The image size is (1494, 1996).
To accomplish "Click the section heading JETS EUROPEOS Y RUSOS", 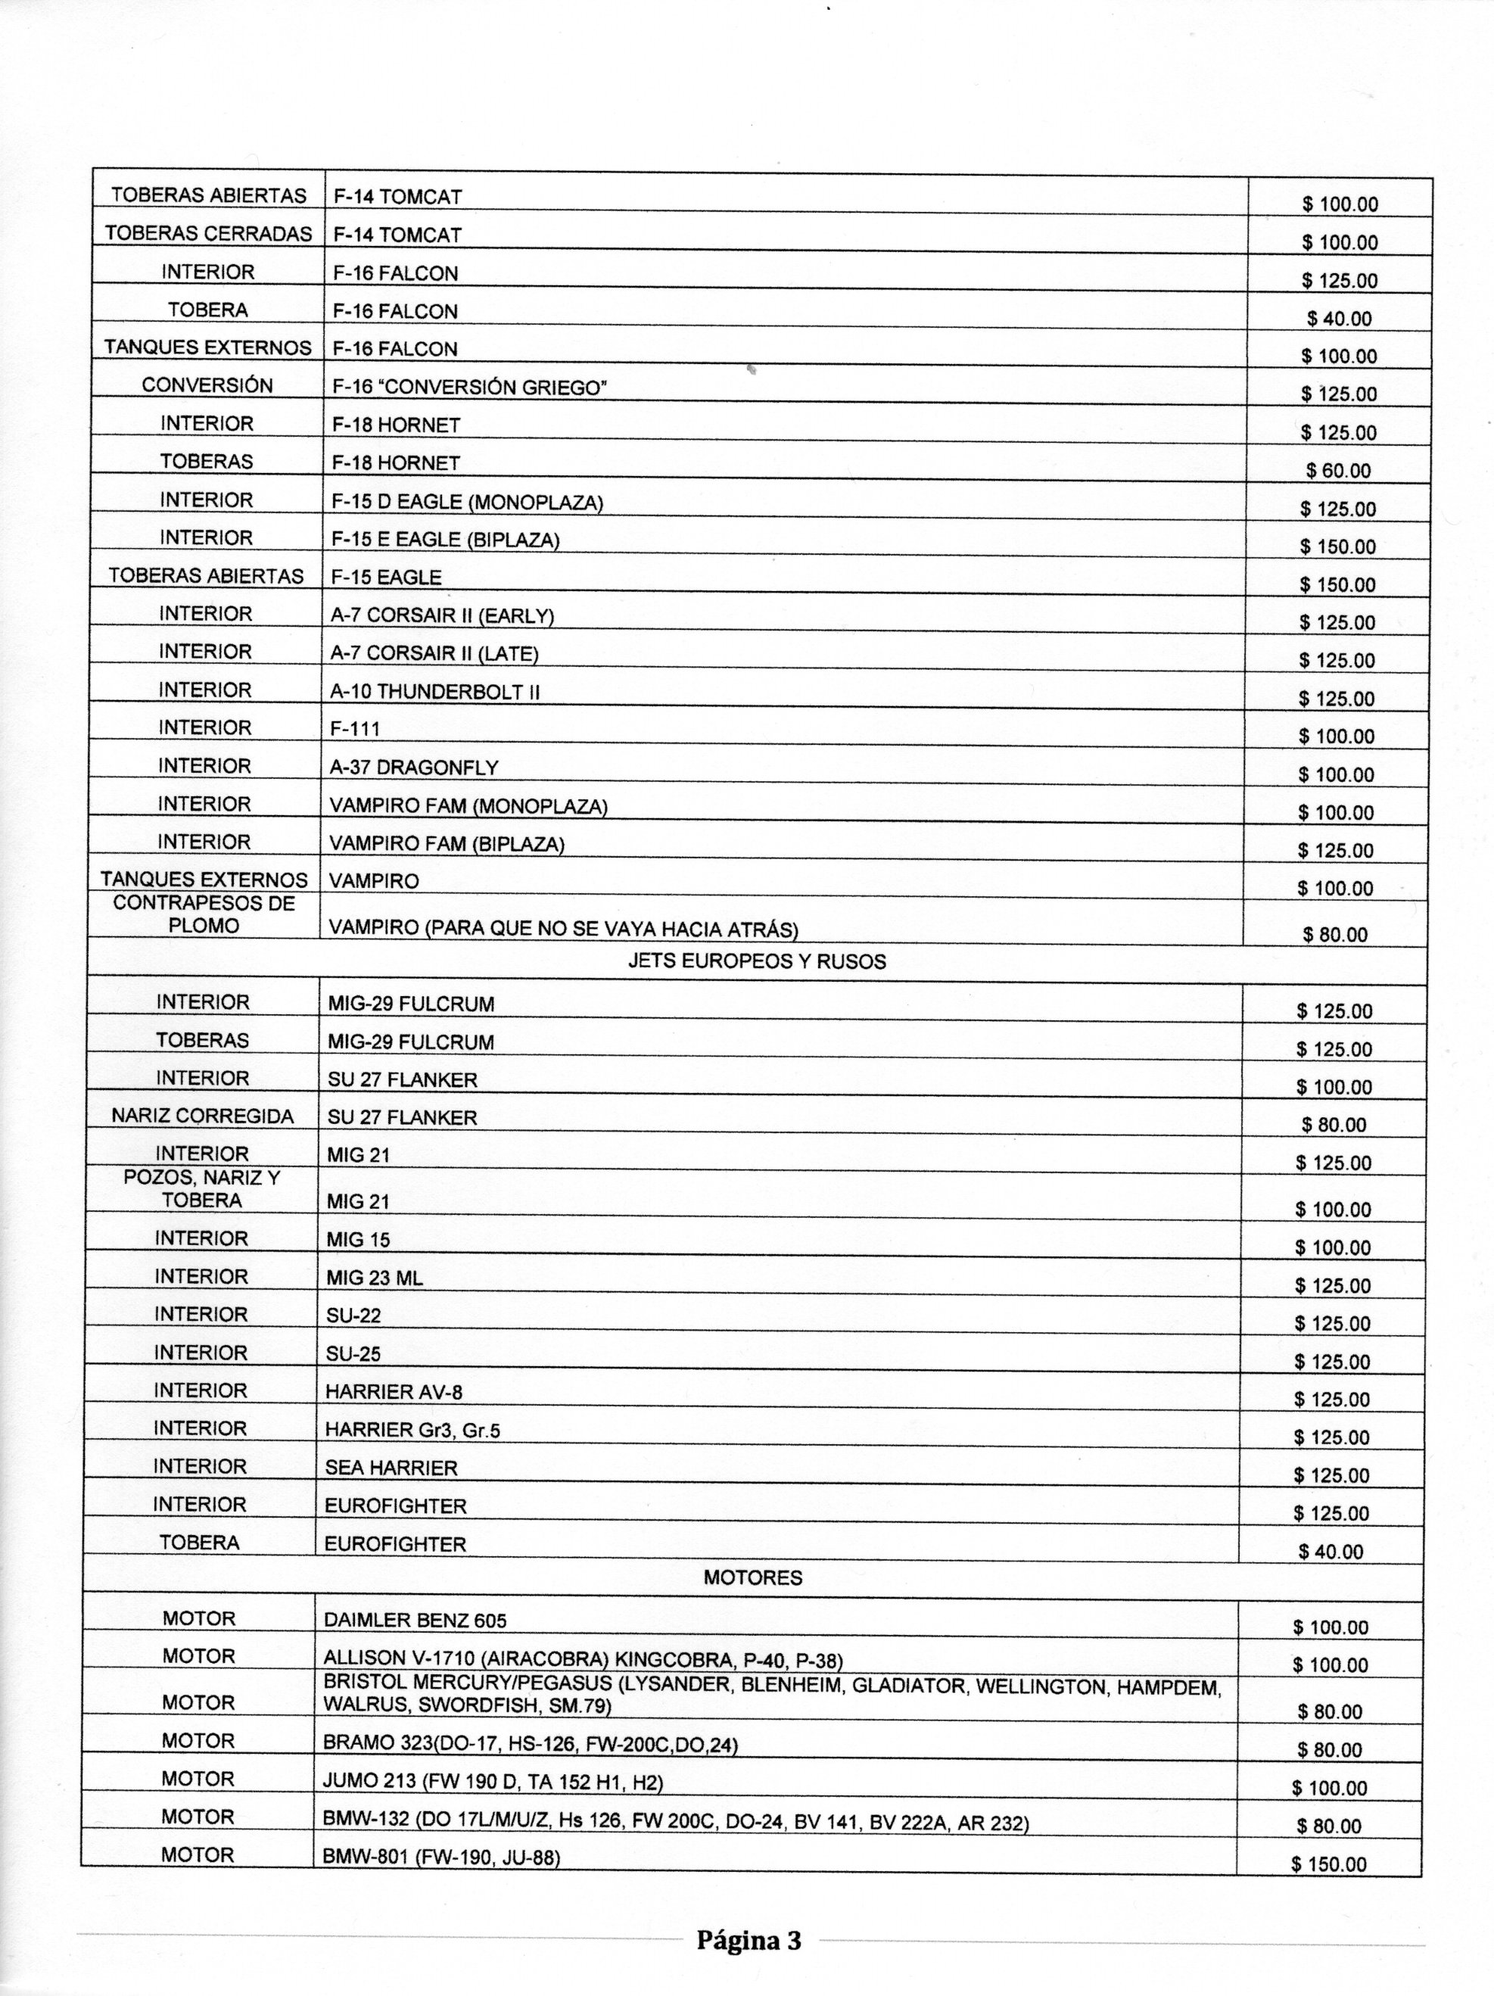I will (756, 962).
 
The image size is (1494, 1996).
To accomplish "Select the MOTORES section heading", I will (752, 1577).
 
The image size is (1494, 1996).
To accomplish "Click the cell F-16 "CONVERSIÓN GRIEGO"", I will (469, 387).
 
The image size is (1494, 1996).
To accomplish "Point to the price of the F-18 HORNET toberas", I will (1338, 470).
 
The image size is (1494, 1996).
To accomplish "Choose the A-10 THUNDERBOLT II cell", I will (435, 692).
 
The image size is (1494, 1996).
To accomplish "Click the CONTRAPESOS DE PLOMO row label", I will (204, 915).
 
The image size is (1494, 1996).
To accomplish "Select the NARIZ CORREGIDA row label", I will (202, 1116).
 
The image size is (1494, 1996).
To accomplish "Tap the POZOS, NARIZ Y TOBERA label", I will (202, 1189).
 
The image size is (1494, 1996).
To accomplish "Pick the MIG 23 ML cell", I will (375, 1278).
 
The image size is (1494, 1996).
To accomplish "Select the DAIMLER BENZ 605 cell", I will (415, 1621).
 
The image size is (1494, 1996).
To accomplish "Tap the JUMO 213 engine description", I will (493, 1782).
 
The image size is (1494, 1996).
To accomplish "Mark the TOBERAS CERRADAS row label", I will (208, 234).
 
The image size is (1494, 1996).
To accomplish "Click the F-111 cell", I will (356, 729).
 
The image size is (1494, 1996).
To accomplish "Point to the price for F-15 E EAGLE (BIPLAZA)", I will (1338, 546).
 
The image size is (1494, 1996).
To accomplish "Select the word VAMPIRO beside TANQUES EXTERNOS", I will (374, 882).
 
